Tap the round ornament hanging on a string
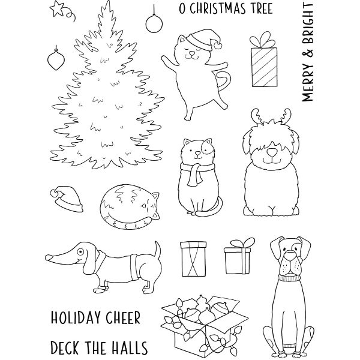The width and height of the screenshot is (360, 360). (154, 23)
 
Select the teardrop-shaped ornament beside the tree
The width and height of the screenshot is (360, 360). (56, 59)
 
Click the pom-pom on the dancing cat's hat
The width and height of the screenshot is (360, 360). (218, 46)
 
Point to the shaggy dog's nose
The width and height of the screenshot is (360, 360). (272, 152)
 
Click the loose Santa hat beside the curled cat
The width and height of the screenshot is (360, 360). (67, 199)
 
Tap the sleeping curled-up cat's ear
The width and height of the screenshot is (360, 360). (155, 196)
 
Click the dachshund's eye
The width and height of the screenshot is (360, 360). (80, 252)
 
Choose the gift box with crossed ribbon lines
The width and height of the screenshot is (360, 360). (194, 259)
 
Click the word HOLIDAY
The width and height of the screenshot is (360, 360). (76, 318)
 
